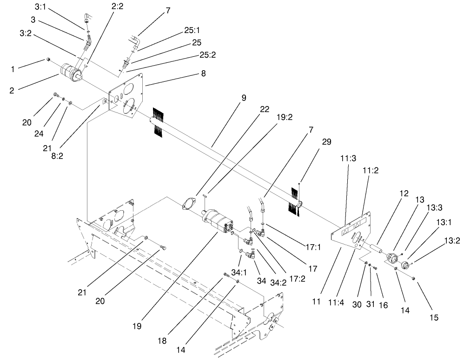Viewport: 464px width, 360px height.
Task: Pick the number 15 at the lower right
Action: coord(433,318)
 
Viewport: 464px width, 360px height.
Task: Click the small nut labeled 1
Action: coord(48,60)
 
